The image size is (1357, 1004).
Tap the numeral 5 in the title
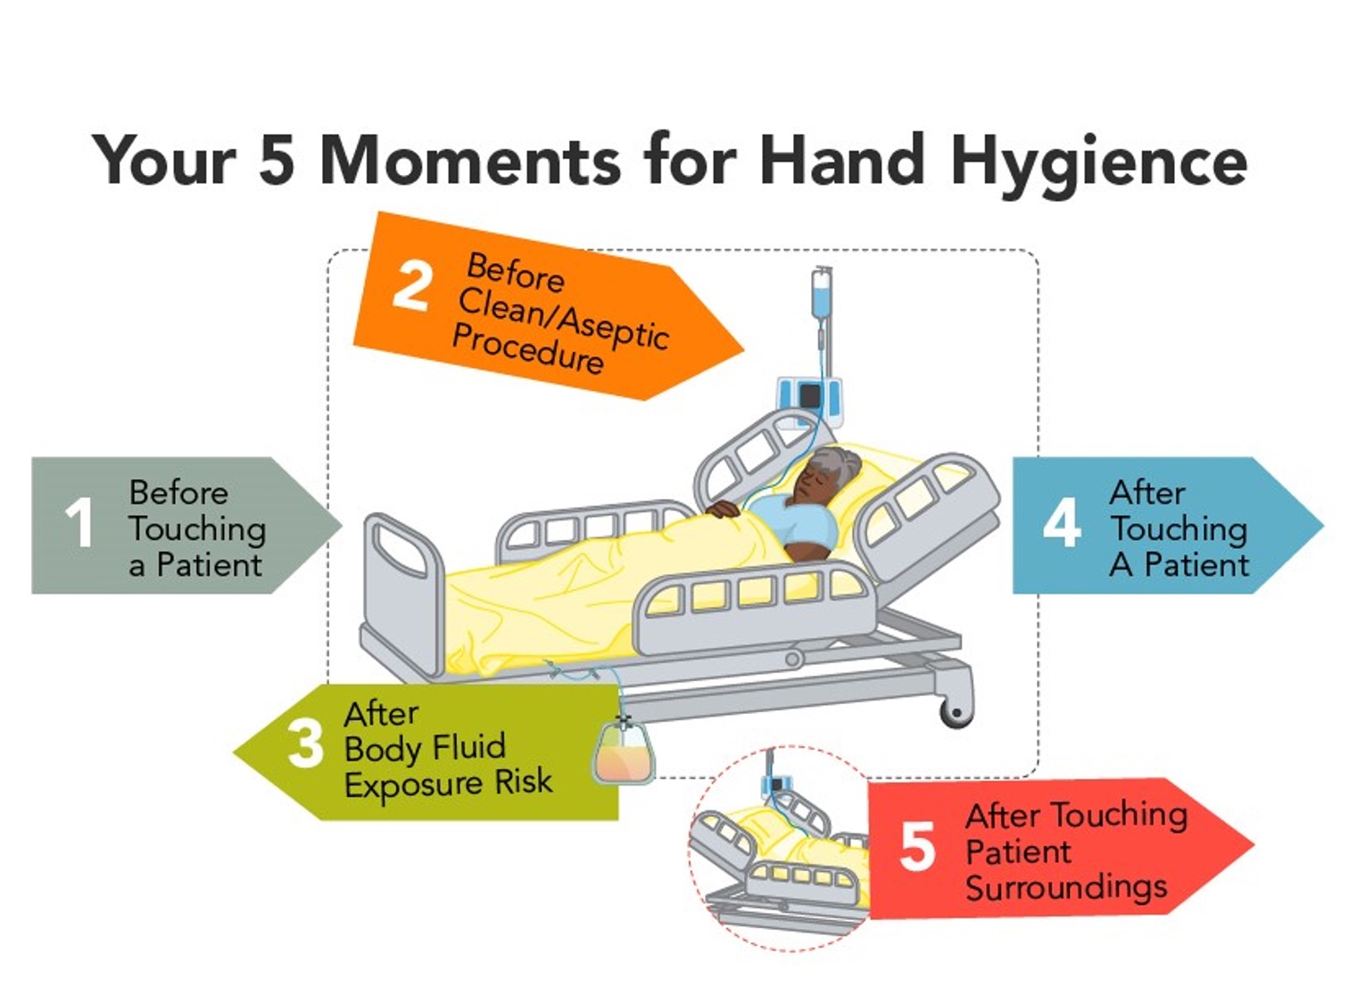tap(277, 162)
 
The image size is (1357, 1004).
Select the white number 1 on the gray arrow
tap(79, 522)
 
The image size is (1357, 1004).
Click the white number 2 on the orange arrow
tap(411, 286)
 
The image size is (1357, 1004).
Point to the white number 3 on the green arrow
tap(305, 743)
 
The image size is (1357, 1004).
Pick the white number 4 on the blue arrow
tap(1062, 523)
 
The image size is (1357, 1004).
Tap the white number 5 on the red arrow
tap(917, 846)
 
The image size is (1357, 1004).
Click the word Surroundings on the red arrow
tap(1066, 887)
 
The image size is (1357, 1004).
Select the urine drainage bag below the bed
tap(624, 755)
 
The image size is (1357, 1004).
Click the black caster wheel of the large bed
tap(956, 712)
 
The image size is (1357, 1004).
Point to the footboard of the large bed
tap(403, 589)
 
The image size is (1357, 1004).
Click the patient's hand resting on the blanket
tap(724, 509)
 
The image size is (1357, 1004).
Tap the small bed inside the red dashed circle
tap(776, 857)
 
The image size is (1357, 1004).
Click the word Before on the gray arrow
tap(178, 493)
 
